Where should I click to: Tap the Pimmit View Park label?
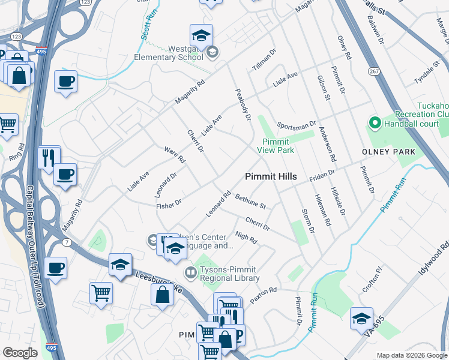(x=276, y=146)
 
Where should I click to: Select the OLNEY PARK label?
(x=388, y=152)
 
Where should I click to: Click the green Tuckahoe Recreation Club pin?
(x=375, y=124)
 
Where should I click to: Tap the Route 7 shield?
(x=67, y=241)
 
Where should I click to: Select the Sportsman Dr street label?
(x=296, y=125)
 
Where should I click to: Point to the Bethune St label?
(x=250, y=201)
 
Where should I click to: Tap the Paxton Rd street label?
(x=264, y=294)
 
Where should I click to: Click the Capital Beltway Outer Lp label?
(x=33, y=246)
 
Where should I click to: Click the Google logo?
(x=20, y=353)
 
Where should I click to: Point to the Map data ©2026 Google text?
(x=412, y=355)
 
